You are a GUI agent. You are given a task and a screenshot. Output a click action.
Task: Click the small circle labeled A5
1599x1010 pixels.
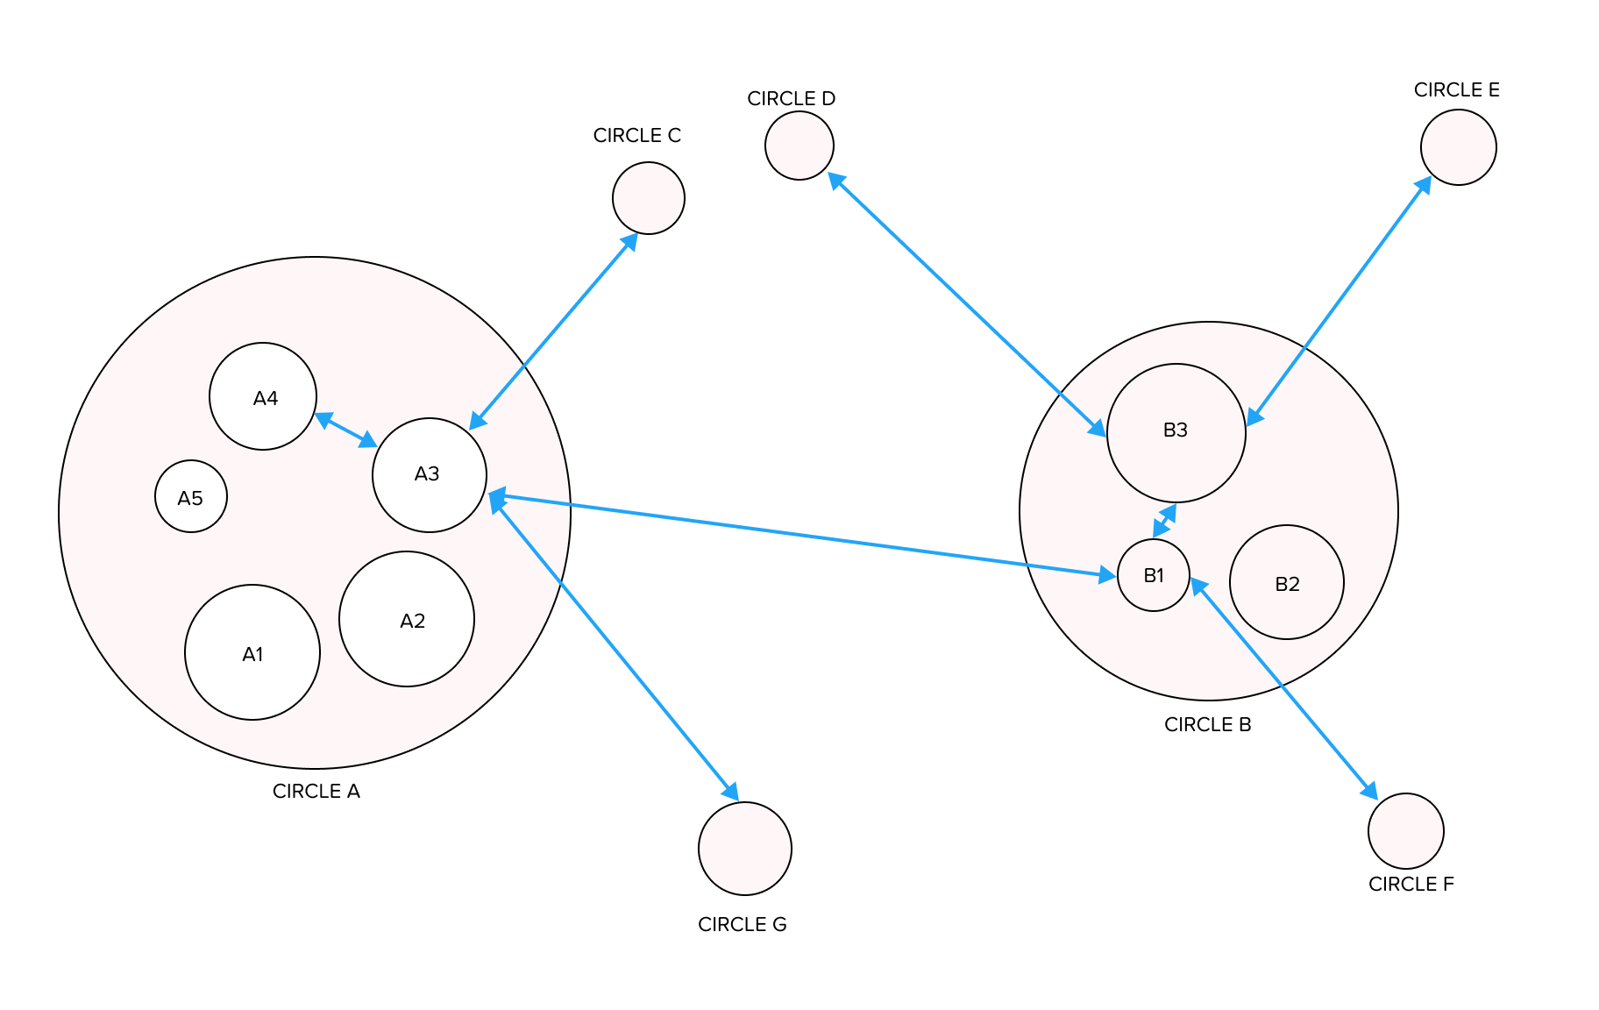coord(191,496)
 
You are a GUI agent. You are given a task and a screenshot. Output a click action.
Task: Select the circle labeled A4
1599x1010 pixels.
coord(263,396)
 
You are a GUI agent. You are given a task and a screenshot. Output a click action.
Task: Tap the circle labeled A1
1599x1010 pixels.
coord(252,652)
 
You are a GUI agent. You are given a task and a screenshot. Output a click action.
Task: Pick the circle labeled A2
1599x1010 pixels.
coord(407,619)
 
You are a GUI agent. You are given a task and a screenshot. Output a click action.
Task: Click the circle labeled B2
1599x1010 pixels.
coord(1287,582)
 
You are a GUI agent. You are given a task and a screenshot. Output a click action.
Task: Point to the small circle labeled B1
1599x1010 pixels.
coord(1154,575)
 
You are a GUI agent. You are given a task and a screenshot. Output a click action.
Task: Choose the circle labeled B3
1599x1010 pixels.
coord(1176,433)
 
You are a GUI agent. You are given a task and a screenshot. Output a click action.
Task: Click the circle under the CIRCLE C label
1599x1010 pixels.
coord(649,198)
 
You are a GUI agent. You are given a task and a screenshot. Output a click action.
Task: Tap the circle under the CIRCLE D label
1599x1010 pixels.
coord(799,146)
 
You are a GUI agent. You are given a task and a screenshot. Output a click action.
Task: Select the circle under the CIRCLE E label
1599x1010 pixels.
coord(1459,147)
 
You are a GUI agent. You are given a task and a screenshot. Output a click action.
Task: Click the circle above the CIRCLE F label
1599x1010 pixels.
coord(1406,831)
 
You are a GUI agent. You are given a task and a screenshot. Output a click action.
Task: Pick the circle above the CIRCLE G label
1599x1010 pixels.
coord(745,849)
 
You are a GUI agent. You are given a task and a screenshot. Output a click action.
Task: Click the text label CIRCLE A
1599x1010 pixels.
coord(316,791)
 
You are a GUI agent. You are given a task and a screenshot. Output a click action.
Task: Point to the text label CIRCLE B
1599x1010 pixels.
coord(1208,724)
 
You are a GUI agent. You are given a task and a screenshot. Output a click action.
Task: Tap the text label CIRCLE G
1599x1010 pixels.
coord(743,924)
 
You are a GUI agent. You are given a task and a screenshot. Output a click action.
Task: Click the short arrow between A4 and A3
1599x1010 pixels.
coord(345,430)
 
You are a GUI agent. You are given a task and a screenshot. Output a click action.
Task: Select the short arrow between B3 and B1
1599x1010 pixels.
coord(1164,521)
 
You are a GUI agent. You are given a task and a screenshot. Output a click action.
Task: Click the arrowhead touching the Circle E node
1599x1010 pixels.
coord(1424,185)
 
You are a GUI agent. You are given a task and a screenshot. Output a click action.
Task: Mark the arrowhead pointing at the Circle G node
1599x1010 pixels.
coord(730,791)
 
